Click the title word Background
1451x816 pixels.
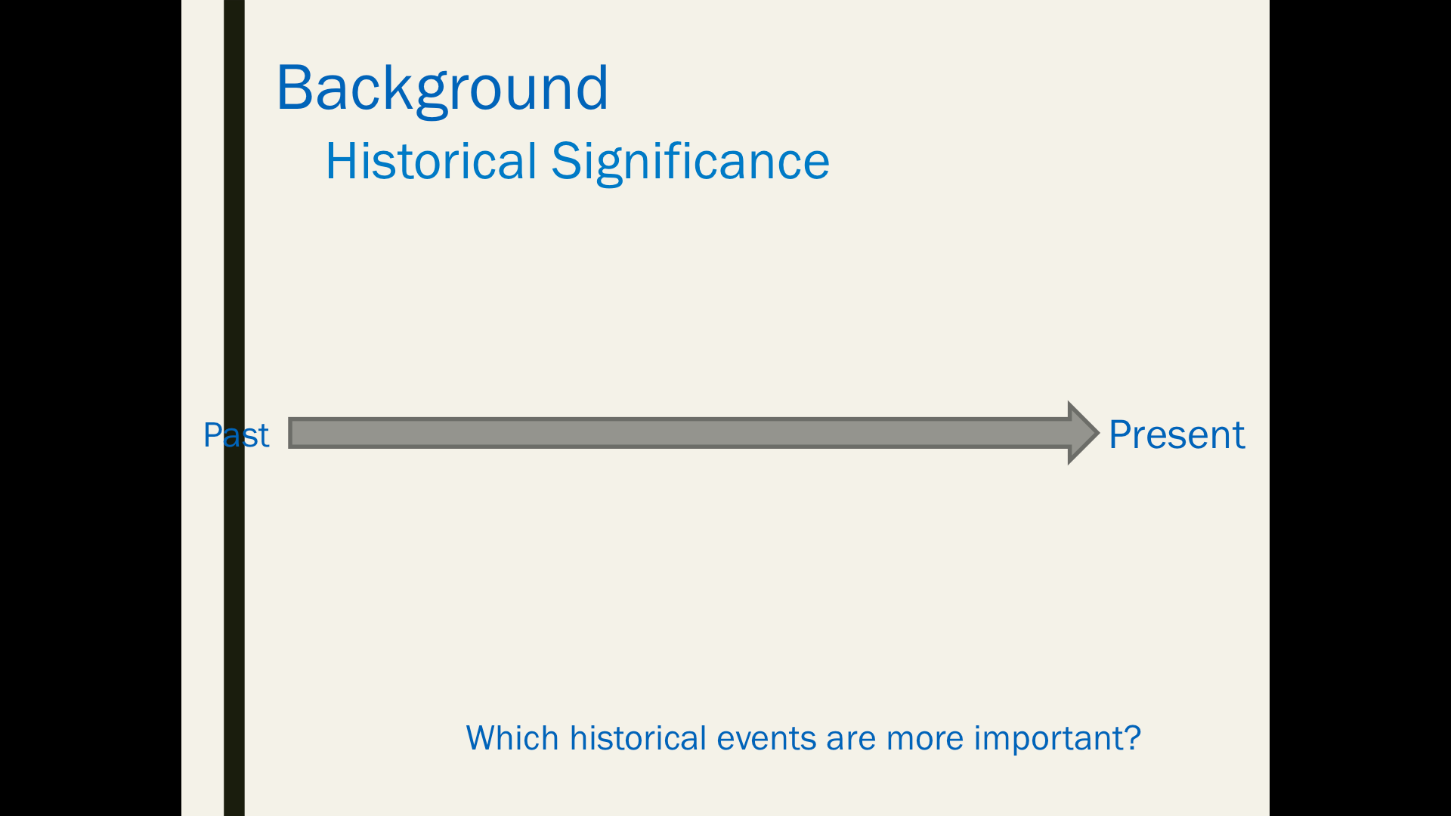442,89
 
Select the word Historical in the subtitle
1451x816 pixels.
432,161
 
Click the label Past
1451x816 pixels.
236,435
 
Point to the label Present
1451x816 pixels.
1177,435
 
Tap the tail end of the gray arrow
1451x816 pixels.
289,433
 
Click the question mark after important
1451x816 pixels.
1132,737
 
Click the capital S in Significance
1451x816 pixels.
565,161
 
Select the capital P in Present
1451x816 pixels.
1121,435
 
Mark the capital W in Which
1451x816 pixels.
484,738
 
